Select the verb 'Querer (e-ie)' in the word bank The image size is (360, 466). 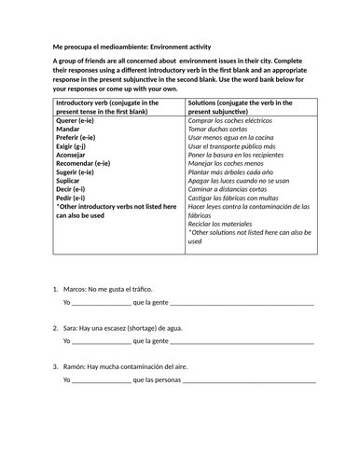coord(78,120)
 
